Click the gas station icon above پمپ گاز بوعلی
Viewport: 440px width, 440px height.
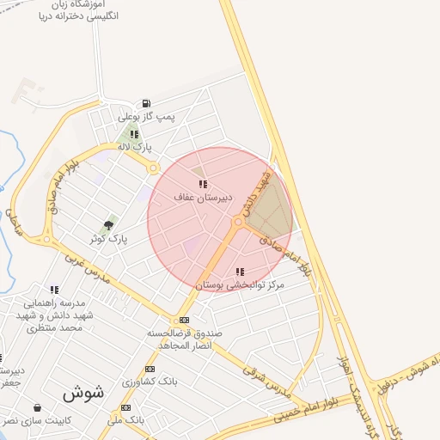coord(147,103)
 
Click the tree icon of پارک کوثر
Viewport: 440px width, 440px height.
coord(108,223)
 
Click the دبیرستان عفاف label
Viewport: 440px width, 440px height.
coord(198,197)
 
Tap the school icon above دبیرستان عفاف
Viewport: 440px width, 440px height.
coord(202,184)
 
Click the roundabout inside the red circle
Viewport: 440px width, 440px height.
coord(238,223)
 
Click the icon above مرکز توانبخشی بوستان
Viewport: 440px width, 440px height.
coord(239,272)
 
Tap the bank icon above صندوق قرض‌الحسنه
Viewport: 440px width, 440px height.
coord(184,320)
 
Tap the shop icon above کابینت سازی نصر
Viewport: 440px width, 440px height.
coord(37,407)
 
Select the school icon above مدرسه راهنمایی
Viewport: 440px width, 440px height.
coord(54,290)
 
